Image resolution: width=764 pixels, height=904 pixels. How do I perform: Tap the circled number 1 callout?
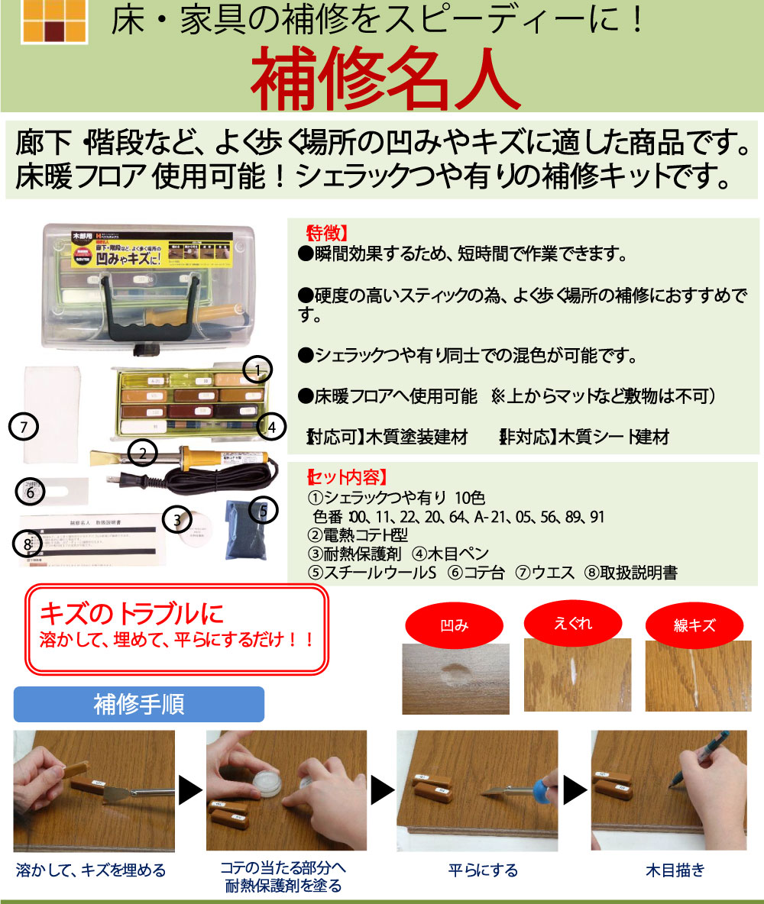click(x=258, y=371)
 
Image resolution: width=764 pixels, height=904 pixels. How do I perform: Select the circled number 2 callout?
click(x=142, y=454)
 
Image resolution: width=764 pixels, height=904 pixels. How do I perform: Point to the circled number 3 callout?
click(x=177, y=520)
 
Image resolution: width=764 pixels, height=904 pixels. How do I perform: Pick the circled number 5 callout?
click(x=262, y=511)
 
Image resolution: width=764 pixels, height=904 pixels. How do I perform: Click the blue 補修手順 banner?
click(x=139, y=704)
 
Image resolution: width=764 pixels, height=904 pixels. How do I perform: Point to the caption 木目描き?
click(x=675, y=870)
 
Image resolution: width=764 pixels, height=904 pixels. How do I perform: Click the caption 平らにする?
click(x=482, y=870)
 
